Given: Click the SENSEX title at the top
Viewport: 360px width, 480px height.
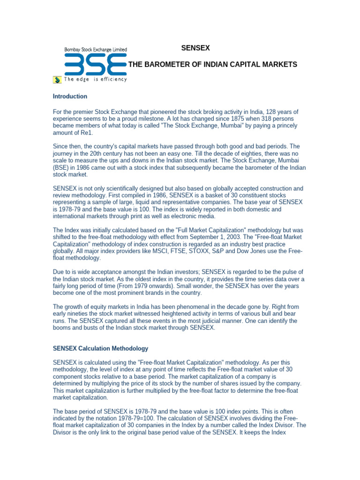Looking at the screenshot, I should [x=195, y=48].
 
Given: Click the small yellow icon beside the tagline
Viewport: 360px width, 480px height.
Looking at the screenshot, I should [x=57, y=80].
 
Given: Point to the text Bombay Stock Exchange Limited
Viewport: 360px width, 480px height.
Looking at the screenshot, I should [x=95, y=49].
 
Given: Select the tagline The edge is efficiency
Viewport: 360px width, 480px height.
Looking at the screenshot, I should [x=96, y=80].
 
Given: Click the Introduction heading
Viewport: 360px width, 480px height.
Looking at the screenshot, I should [x=70, y=97].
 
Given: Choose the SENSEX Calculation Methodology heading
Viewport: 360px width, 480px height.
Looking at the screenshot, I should [x=100, y=348].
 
